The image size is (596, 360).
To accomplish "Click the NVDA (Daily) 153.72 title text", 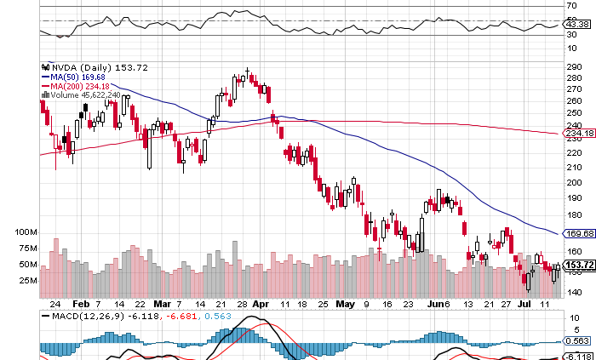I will [x=86, y=66].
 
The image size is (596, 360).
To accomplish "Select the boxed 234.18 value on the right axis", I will [x=579, y=133].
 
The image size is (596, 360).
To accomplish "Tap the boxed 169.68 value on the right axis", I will [x=579, y=234].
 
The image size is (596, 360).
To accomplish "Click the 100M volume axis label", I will [x=27, y=232].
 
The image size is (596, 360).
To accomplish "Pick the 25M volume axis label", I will [x=27, y=280].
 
